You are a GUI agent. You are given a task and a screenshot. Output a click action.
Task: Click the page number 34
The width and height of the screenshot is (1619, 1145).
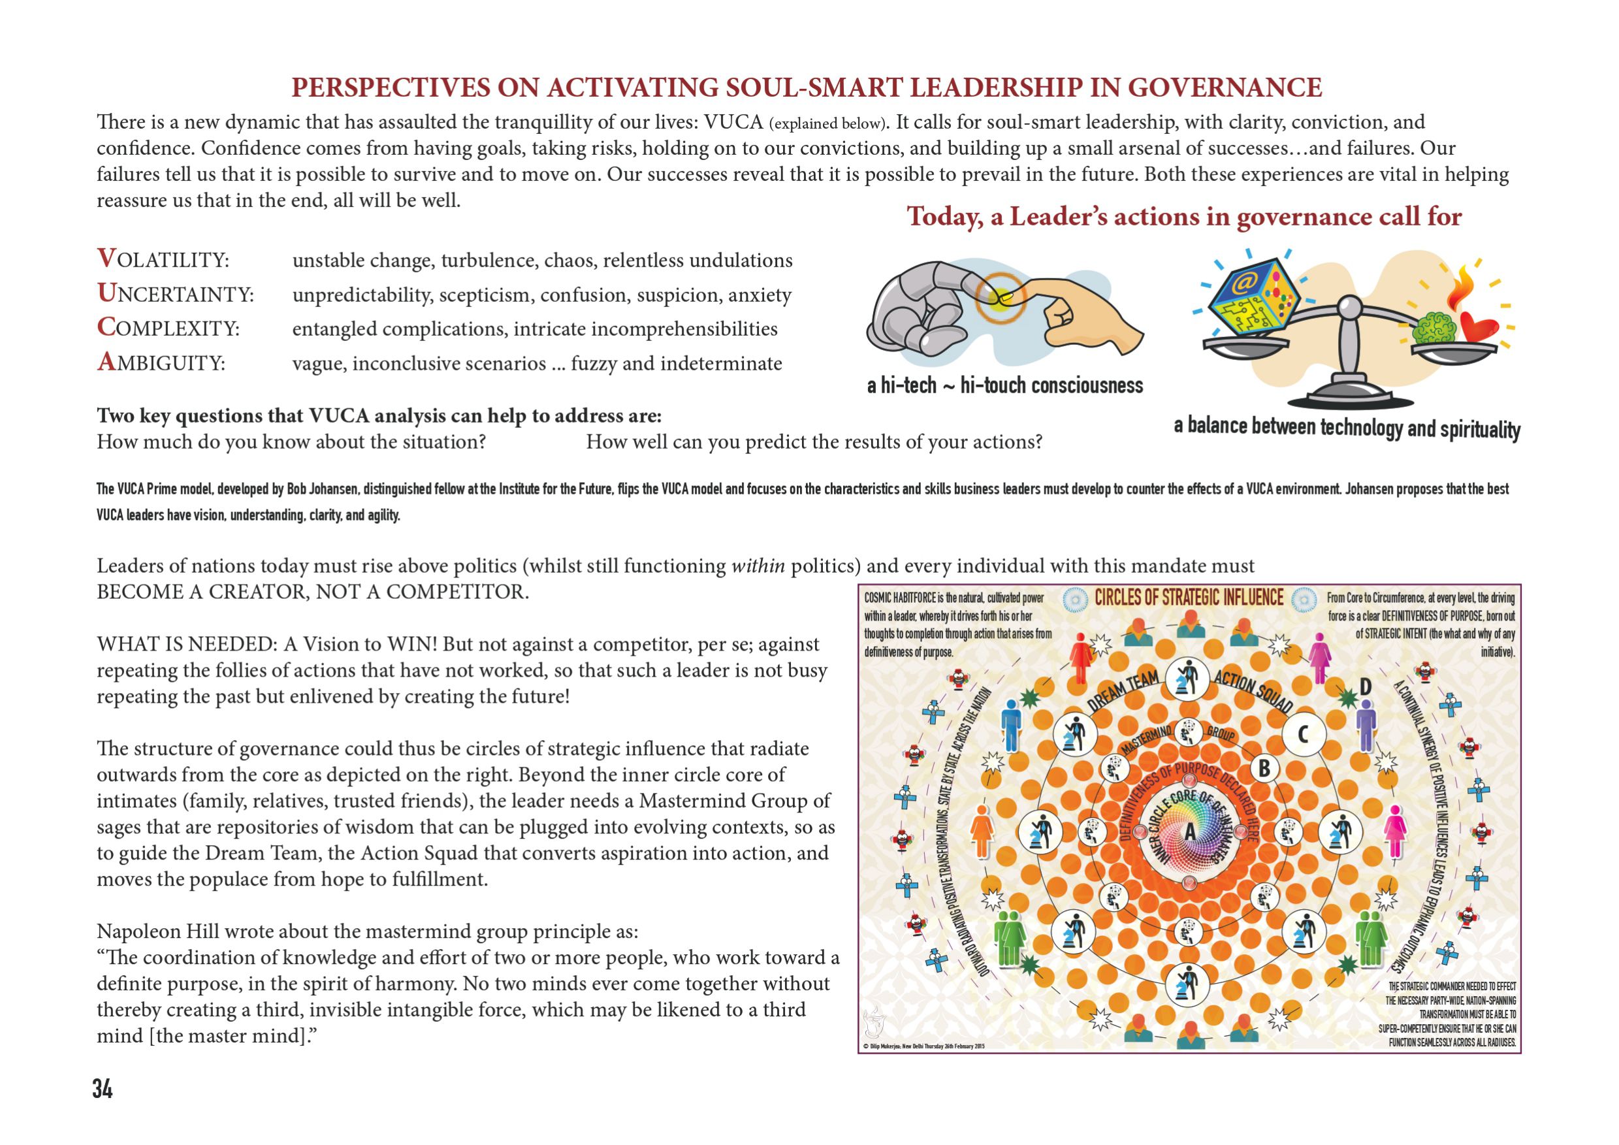[103, 1089]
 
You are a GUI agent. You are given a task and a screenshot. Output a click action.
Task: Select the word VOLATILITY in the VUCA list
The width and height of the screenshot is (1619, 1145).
[163, 259]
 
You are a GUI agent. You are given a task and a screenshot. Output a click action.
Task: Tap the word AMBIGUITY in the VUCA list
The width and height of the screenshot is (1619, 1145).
[161, 363]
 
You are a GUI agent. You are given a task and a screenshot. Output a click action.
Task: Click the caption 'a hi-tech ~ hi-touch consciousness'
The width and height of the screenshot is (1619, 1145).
[1005, 385]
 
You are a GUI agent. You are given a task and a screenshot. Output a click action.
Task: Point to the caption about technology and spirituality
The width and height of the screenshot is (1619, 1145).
[1347, 427]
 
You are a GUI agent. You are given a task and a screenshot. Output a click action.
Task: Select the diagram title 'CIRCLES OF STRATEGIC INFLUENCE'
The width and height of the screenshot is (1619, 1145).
[1189, 598]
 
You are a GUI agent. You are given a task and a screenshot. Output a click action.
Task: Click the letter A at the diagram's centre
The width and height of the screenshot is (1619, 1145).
[1191, 832]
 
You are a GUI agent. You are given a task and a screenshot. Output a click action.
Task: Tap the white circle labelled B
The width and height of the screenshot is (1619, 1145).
[1264, 769]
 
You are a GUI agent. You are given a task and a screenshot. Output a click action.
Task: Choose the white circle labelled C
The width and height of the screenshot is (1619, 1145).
[1303, 734]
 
